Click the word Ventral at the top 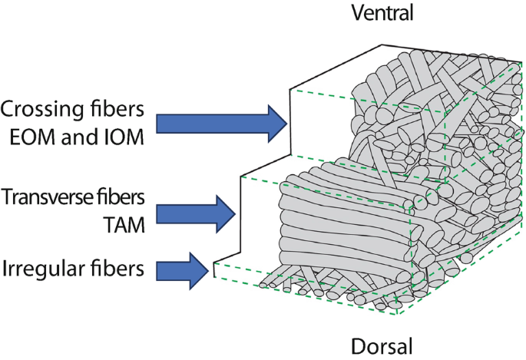pos(382,13)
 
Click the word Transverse pos(47,197)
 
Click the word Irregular pos(37,269)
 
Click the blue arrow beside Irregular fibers pos(183,270)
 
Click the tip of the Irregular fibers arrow pos(209,270)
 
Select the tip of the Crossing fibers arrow pos(286,123)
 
